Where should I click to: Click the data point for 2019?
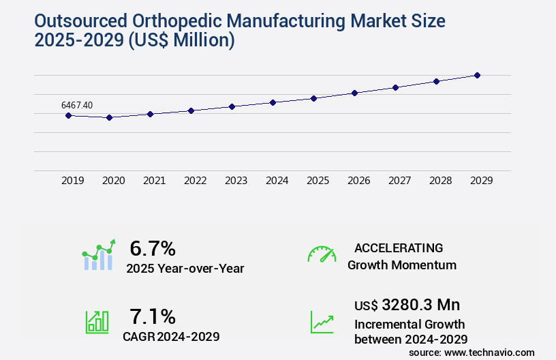coord(68,115)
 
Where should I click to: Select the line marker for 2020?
coord(109,117)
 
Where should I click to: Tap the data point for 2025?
coord(313,98)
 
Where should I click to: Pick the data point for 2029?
coord(477,75)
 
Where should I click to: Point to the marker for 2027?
coord(395,87)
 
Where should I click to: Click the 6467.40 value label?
coord(77,105)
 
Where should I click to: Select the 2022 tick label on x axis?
coord(195,181)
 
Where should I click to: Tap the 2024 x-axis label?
coord(277,181)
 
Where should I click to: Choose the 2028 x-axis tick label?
coord(440,181)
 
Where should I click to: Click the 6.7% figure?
coord(153,248)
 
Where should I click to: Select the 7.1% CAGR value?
coord(153,316)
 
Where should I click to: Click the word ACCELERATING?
coord(399,247)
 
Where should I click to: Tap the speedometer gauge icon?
coord(322,254)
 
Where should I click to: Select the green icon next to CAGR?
coord(97,322)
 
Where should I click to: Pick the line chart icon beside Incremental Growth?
coord(322,322)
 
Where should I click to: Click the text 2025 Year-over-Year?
coord(185,268)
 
